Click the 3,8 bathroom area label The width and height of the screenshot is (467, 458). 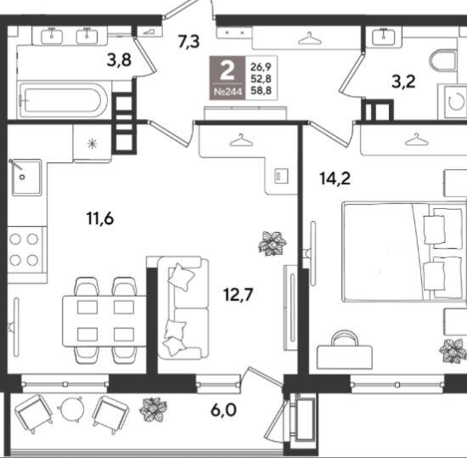(119, 60)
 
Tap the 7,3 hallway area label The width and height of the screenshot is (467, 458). (188, 42)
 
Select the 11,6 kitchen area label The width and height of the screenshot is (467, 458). (100, 218)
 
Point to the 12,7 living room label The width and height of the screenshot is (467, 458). (239, 295)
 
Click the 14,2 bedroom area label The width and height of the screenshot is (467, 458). (335, 178)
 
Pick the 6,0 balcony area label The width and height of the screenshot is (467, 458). (223, 410)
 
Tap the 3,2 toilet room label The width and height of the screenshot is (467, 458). (403, 82)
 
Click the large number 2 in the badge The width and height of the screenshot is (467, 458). (228, 71)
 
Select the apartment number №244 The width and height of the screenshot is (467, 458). (228, 92)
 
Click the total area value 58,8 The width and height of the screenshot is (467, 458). (262, 90)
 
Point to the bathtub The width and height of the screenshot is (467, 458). (63, 99)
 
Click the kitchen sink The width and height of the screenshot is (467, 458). (27, 178)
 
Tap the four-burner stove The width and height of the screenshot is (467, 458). (27, 250)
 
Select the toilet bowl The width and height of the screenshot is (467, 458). (443, 61)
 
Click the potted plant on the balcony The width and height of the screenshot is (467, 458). (153, 410)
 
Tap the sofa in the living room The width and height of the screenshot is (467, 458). (183, 308)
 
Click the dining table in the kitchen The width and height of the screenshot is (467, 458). (104, 320)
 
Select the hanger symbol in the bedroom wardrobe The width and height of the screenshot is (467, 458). (417, 139)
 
